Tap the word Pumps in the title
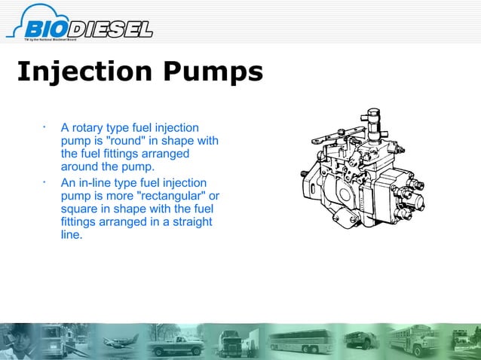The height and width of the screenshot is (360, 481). coord(216,73)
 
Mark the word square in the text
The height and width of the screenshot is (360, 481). coord(78,209)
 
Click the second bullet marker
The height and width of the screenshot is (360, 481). coord(45,182)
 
